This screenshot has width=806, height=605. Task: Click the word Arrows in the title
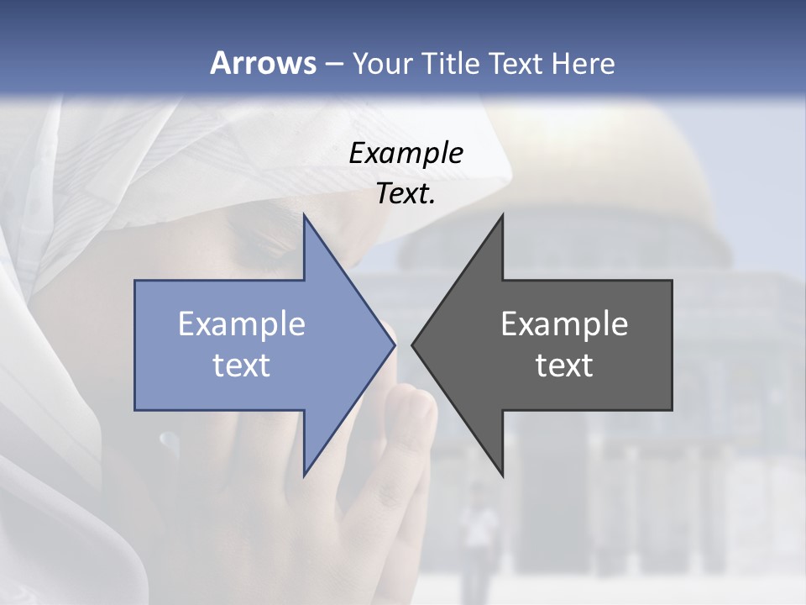[x=263, y=63]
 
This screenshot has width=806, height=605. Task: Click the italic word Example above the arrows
[x=406, y=153]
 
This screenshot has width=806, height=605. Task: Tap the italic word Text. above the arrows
[x=406, y=193]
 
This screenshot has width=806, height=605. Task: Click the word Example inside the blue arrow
[x=241, y=324]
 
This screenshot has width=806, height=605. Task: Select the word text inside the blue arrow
[x=241, y=366]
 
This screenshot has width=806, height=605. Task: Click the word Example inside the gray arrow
[x=564, y=324]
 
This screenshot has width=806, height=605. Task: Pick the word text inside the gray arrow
[x=564, y=366]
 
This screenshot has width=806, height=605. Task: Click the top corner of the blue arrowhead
[x=304, y=215]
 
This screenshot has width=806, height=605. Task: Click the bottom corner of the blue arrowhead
[x=304, y=476]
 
